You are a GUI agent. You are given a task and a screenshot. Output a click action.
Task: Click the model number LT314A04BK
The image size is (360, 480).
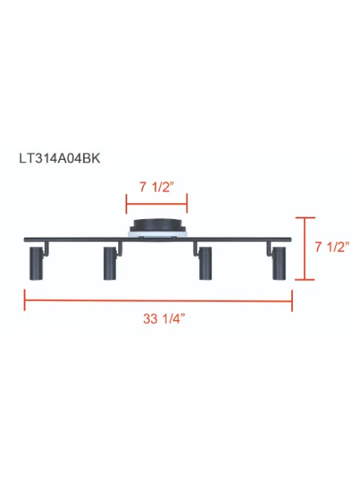coord(60,158)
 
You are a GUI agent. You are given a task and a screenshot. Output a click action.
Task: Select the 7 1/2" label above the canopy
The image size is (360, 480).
coord(158,188)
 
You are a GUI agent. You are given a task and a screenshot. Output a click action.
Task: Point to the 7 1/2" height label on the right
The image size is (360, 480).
coord(331,248)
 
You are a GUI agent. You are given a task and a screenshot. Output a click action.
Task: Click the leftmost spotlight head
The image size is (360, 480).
coord(36,264)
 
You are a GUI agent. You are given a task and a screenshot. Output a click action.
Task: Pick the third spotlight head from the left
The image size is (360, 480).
coord(206,264)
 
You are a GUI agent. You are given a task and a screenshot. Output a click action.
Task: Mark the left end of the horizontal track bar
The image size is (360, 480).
coord(27,240)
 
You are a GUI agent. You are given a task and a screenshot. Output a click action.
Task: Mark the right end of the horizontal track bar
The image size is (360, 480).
coord(289,240)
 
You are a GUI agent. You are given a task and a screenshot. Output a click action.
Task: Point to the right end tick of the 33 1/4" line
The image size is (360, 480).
coord(293,302)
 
